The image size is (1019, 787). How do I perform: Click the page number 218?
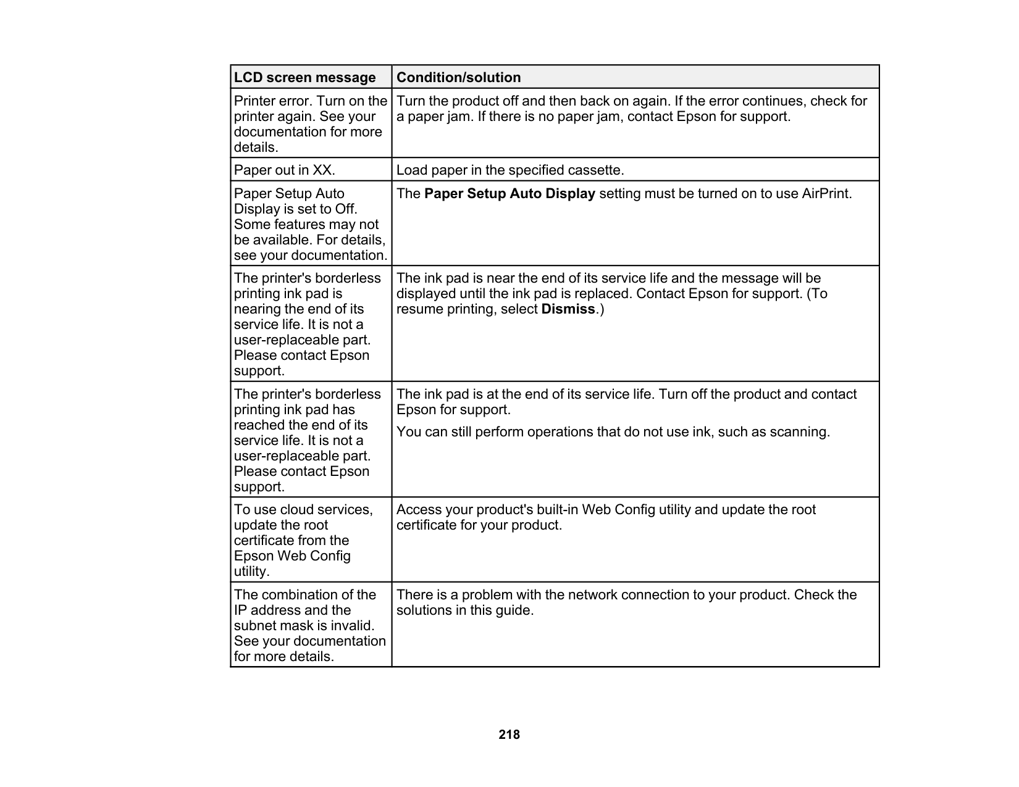(x=509, y=735)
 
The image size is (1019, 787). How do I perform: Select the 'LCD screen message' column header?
(x=304, y=77)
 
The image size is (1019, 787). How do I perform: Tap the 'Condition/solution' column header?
(x=458, y=77)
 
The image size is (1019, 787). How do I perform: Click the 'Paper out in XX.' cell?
(x=284, y=170)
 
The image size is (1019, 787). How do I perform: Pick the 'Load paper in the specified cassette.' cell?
(x=510, y=170)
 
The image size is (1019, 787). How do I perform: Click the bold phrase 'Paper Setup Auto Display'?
(x=509, y=194)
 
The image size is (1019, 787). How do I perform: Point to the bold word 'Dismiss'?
(x=568, y=309)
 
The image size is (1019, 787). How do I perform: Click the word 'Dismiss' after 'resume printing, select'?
(x=568, y=309)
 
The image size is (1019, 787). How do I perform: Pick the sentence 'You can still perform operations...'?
(x=613, y=432)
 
